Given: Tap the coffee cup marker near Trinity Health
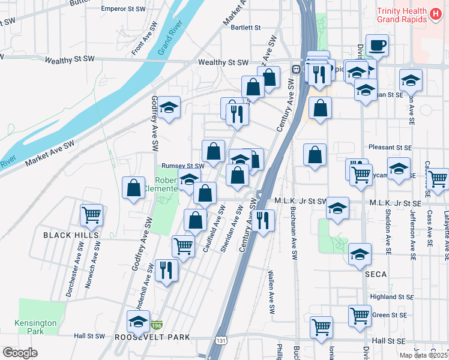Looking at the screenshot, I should [x=377, y=46].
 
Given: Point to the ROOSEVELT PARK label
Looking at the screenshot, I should [x=152, y=338].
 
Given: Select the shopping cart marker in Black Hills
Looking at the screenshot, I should [x=91, y=215].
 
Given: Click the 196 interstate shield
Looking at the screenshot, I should [x=157, y=325].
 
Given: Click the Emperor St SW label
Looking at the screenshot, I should [x=123, y=10].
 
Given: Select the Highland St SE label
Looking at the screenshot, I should [x=392, y=297].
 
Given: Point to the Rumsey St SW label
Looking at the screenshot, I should [x=183, y=166].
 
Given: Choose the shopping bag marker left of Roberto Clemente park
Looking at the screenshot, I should [x=133, y=188].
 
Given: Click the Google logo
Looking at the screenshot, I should [x=20, y=353].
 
